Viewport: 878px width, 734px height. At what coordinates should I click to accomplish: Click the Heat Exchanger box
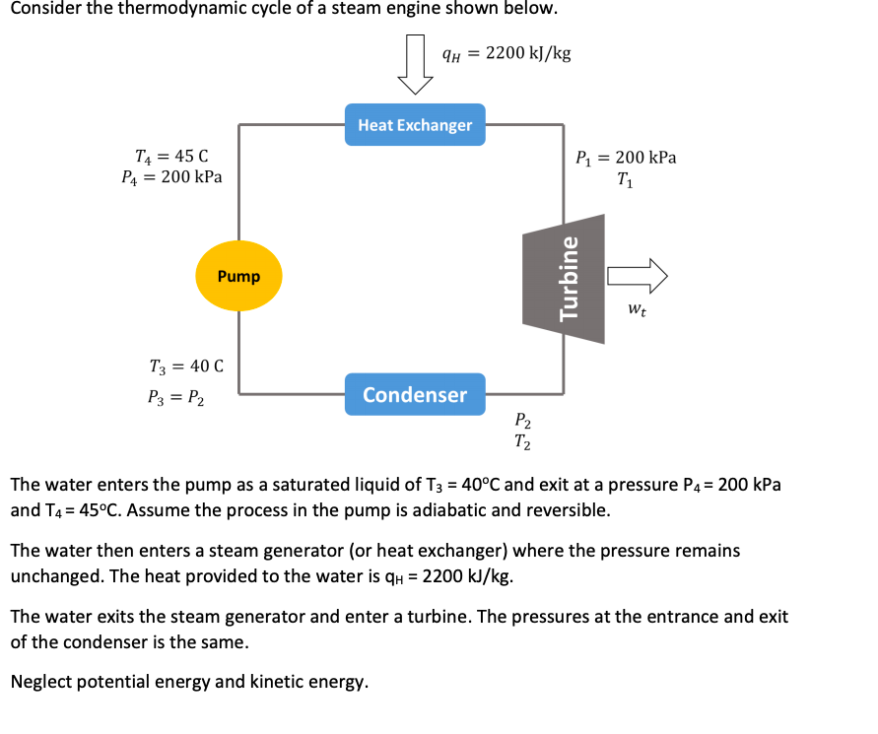tap(415, 125)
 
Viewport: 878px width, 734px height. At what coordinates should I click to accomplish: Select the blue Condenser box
tap(415, 394)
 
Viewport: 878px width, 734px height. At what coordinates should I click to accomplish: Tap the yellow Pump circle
tap(238, 276)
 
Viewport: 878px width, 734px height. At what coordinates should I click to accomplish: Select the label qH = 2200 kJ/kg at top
tap(507, 53)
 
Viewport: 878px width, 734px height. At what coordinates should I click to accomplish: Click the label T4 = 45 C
tap(171, 156)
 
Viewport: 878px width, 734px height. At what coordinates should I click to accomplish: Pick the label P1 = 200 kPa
tap(626, 158)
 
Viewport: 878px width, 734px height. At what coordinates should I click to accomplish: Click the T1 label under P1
tap(625, 179)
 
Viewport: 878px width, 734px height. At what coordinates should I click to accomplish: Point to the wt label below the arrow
tap(637, 309)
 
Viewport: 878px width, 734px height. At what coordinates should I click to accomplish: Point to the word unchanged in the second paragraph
tap(52, 575)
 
